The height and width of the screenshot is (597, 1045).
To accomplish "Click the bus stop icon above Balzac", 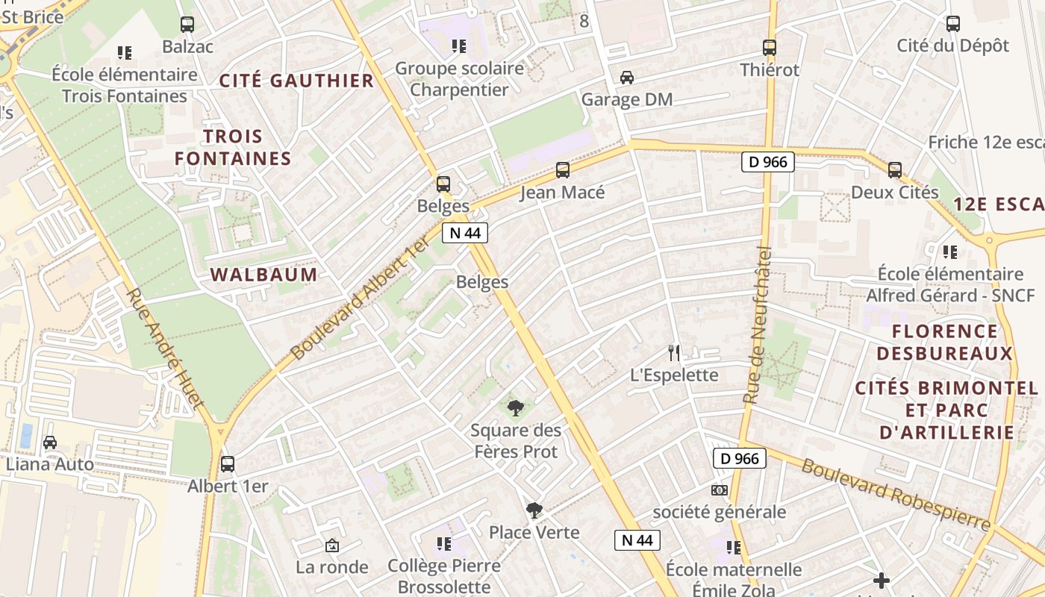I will coord(187,25).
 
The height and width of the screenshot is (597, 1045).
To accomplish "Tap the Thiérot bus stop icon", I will coord(770,48).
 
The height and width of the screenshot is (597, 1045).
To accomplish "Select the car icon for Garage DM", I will coord(627,78).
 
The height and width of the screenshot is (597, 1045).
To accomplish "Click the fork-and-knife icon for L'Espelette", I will coord(674,352).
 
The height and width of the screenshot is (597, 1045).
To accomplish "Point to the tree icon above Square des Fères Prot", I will coord(515,407).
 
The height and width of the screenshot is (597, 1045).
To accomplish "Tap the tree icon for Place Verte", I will coord(534,510).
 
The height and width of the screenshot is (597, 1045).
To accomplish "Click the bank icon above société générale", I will coord(720,490).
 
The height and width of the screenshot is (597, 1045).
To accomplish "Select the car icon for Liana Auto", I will coord(50,442).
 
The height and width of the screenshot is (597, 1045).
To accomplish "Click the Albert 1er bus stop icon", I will coord(228,463).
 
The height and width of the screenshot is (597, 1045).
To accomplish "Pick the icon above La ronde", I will coord(332,546).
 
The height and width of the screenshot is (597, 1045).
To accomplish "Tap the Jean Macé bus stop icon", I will coord(563,170).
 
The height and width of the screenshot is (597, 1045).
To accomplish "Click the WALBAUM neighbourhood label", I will coord(264,275).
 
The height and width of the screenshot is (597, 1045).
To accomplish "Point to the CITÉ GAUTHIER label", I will coord(296,81).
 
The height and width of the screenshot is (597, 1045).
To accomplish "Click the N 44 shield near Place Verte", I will coord(637,540).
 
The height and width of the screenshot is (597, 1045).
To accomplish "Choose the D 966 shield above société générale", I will coord(740,458).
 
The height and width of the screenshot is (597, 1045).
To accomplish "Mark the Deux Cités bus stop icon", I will coord(895,170).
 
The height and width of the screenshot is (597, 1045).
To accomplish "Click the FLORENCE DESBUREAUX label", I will coord(945,342).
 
